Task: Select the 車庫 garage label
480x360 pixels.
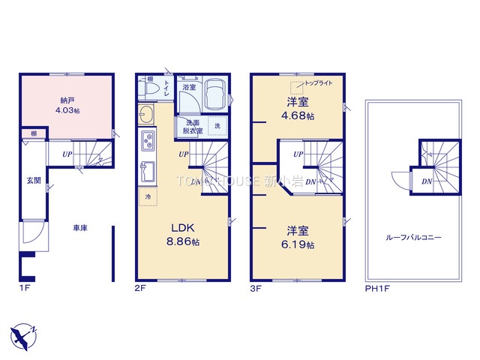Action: [x=80, y=227]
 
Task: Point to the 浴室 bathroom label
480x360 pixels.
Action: [x=188, y=87]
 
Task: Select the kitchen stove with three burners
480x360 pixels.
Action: [x=147, y=140]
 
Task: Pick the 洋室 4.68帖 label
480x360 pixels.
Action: [x=298, y=109]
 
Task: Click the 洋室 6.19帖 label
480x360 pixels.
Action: [x=298, y=238]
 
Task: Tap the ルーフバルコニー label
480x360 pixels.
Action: [x=413, y=237]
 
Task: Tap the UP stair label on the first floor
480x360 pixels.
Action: [x=67, y=154]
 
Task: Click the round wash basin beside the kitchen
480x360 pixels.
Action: [x=145, y=115]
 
